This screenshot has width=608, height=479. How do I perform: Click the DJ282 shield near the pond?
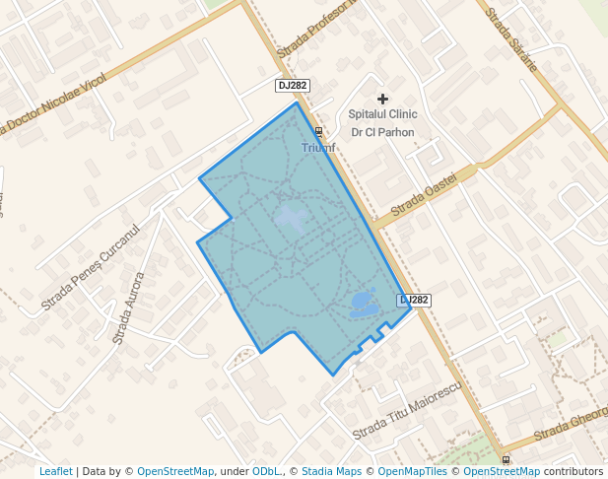(415, 300)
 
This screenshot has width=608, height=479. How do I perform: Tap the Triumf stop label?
(318, 148)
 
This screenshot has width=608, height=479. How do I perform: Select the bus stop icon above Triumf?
(318, 131)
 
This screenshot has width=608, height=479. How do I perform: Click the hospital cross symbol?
(383, 99)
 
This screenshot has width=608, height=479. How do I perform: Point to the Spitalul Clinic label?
(382, 115)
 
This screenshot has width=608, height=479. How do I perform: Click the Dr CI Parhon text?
(382, 132)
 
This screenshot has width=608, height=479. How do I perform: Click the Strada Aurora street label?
(128, 308)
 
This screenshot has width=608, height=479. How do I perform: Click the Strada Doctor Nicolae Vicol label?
(54, 103)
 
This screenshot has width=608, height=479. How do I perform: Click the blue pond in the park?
(363, 303)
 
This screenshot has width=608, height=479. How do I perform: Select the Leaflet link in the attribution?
(55, 471)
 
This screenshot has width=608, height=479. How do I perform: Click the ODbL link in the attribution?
(266, 471)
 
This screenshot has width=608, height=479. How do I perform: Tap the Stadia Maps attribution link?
(331, 471)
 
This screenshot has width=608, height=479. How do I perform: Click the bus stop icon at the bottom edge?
(507, 459)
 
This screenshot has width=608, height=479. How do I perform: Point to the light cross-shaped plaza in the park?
(291, 217)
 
